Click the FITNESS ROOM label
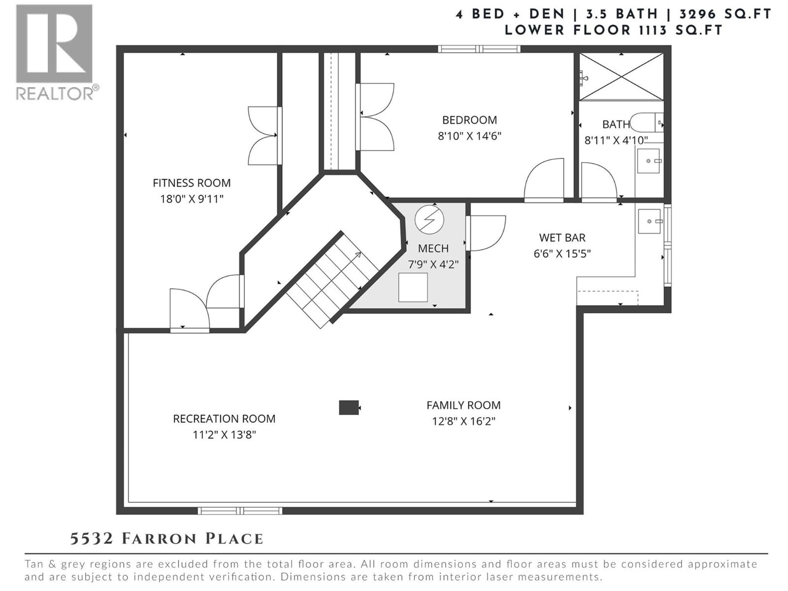pyautogui.click(x=192, y=183)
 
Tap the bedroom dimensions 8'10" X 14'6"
pyautogui.click(x=469, y=136)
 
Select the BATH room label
pyautogui.click(x=616, y=125)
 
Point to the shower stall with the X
pyautogui.click(x=621, y=76)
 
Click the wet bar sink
pyautogui.click(x=649, y=221)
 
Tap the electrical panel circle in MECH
pyautogui.click(x=429, y=220)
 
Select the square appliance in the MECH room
pyautogui.click(x=413, y=287)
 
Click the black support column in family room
pyautogui.click(x=349, y=407)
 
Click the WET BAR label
pyautogui.click(x=562, y=238)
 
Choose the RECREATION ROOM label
pyautogui.click(x=224, y=419)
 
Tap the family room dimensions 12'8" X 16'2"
pyautogui.click(x=463, y=422)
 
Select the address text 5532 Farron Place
pyautogui.click(x=166, y=539)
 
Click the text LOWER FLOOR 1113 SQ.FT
pyautogui.click(x=613, y=30)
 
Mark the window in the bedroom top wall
pyautogui.click(x=479, y=48)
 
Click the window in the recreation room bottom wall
pyautogui.click(x=240, y=511)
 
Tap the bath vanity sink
pyautogui.click(x=648, y=161)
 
